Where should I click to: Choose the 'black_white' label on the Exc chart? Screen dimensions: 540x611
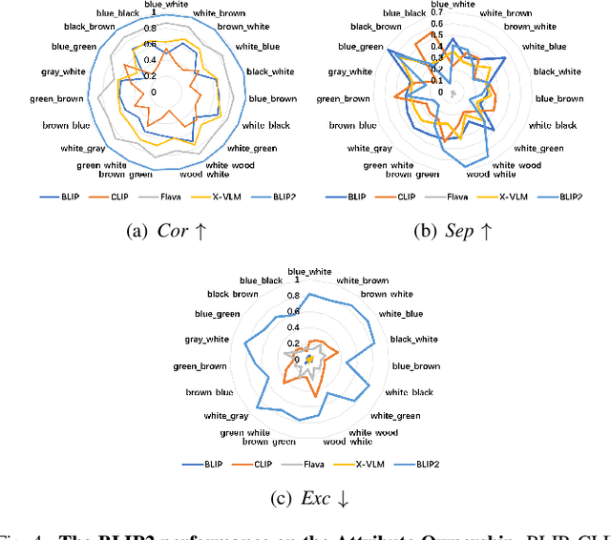point(413,339)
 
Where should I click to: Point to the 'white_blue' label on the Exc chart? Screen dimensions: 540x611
point(401,313)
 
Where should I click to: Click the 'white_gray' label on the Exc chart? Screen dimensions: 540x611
point(226,415)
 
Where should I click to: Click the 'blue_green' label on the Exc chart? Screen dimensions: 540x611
point(217,313)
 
